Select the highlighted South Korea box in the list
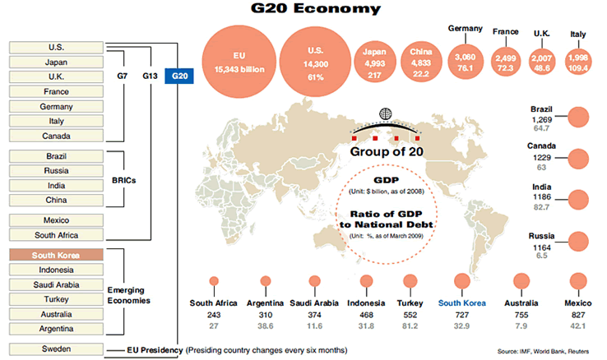pyautogui.click(x=56, y=256)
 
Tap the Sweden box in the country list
pyautogui.click(x=56, y=348)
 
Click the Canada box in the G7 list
pyautogui.click(x=56, y=136)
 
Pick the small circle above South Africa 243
pyautogui.click(x=215, y=281)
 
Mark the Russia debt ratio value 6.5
pyautogui.click(x=541, y=256)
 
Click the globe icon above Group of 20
pyautogui.click(x=386, y=114)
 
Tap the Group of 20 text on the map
pyautogui.click(x=386, y=152)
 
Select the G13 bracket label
pyautogui.click(x=149, y=76)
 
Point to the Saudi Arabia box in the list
pyautogui.click(x=56, y=285)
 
